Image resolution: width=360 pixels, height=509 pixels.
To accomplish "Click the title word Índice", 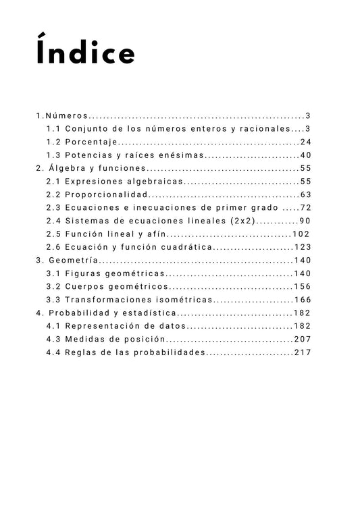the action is coord(86,53).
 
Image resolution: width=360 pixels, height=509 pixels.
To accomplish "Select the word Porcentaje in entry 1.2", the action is coord(92,142).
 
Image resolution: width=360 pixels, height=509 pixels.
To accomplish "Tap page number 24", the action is coord(305,142).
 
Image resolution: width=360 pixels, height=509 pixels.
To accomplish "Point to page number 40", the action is coord(305,155).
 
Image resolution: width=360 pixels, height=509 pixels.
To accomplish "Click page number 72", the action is coord(305,208).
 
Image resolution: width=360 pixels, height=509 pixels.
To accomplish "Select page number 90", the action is coord(305,221).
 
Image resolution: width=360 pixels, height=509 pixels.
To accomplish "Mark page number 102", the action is coord(302,234).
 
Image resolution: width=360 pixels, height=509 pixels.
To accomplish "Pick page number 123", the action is coord(302,247).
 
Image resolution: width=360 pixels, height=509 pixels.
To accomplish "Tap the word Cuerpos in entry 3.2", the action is coord(84,287).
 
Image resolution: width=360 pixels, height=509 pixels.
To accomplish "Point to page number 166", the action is coord(302,300).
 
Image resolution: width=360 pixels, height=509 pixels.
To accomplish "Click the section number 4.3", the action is coord(54,340).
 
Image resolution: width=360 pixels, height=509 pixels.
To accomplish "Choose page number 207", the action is coord(302,340).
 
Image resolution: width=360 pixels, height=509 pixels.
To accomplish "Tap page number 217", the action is coord(302,352).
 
